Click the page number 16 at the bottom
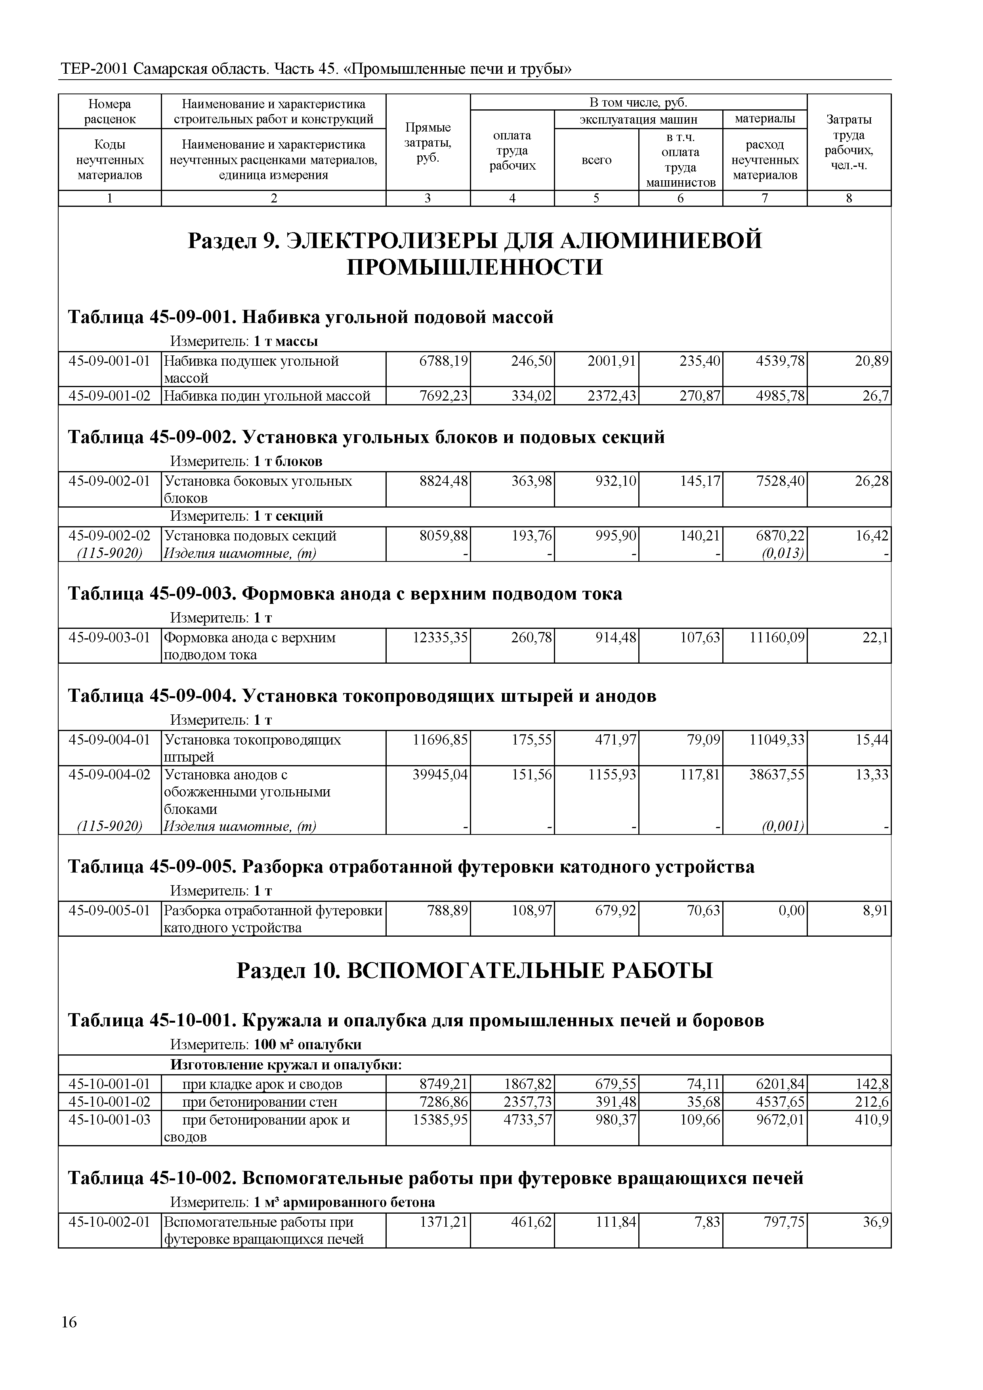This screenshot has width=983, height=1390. (69, 1339)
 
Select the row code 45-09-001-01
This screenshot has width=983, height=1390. (110, 361)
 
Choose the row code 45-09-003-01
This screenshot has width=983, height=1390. (110, 638)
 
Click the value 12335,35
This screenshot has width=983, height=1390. (440, 638)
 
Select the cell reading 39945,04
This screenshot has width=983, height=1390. (440, 774)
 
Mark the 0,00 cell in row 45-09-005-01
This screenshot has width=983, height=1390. (792, 911)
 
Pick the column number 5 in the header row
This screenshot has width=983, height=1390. (596, 198)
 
